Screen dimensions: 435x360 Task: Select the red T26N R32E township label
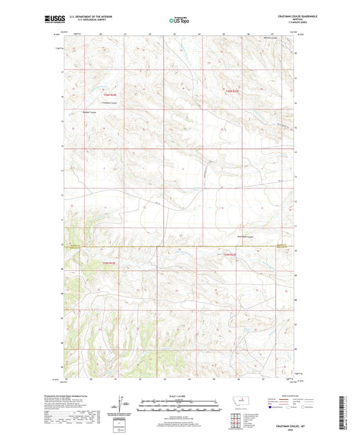tap(109, 95)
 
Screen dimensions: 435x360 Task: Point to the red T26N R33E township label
tap(233, 91)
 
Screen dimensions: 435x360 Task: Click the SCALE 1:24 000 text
tap(180, 396)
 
